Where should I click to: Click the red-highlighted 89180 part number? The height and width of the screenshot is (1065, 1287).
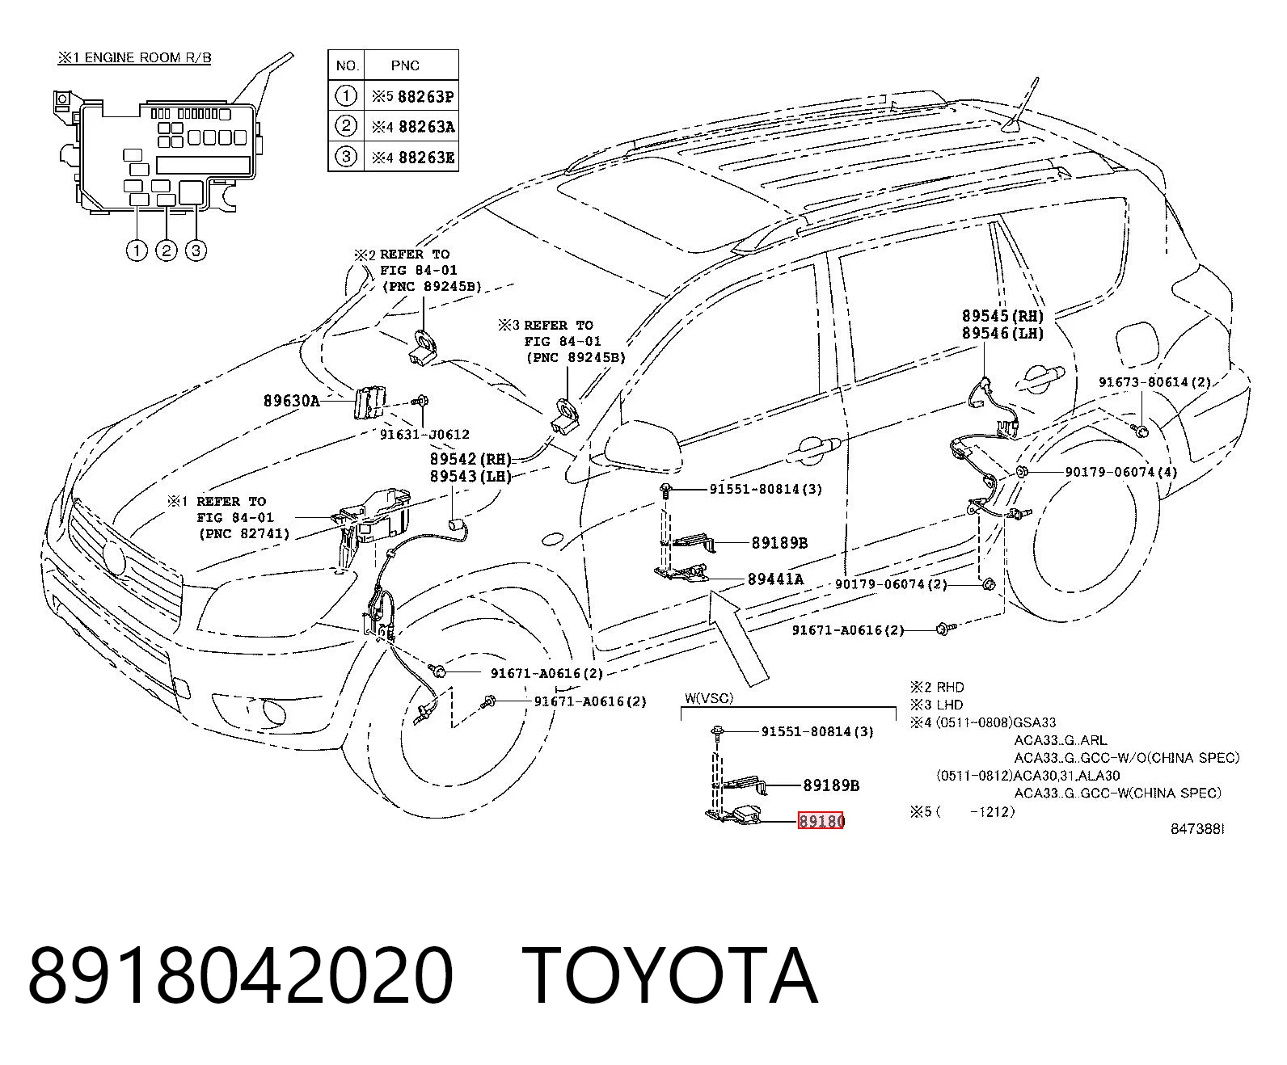pyautogui.click(x=821, y=820)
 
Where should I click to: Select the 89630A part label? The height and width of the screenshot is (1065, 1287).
pyautogui.click(x=292, y=402)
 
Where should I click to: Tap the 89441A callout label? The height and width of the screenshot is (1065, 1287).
pyautogui.click(x=775, y=579)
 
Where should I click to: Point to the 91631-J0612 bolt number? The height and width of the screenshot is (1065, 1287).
pyautogui.click(x=424, y=435)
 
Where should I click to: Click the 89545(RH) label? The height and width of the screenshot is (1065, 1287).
pyautogui.click(x=1003, y=316)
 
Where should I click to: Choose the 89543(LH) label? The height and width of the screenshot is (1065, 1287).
pyautogui.click(x=471, y=477)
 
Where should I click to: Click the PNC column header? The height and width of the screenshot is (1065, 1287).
pyautogui.click(x=405, y=65)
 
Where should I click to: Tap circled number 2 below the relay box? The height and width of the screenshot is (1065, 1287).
pyautogui.click(x=167, y=250)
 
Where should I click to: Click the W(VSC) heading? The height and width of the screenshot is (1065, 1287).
pyautogui.click(x=710, y=698)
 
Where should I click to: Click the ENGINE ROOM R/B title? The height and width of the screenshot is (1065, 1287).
pyautogui.click(x=148, y=58)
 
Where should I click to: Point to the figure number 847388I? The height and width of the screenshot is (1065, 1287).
pyautogui.click(x=1197, y=829)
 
